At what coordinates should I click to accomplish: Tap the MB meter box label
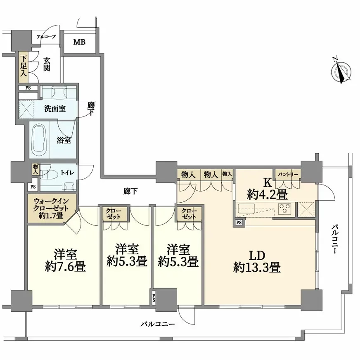pyautogui.click(x=79, y=42)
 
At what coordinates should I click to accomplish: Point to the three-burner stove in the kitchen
pyautogui.click(x=284, y=208)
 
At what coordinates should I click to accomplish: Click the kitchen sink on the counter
pyautogui.click(x=246, y=208)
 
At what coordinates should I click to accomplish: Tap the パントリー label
pyautogui.click(x=288, y=175)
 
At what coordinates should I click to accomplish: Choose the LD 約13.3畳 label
pyautogui.click(x=257, y=261)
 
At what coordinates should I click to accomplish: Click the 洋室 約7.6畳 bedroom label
pyautogui.click(x=65, y=260)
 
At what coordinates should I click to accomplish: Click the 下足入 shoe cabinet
pyautogui.click(x=24, y=67)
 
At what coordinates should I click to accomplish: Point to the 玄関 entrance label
pyautogui.click(x=47, y=64)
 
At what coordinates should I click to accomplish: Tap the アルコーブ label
pyautogui.click(x=46, y=36)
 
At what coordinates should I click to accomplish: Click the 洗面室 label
pyautogui.click(x=54, y=109)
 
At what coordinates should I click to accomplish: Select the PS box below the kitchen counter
pyautogui.click(x=239, y=223)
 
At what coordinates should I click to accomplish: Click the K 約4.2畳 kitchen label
pyautogui.click(x=268, y=189)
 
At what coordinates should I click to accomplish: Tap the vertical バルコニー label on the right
pyautogui.click(x=334, y=239)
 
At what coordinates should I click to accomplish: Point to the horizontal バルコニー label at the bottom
pyautogui.click(x=158, y=324)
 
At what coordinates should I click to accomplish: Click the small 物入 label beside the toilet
pyautogui.click(x=36, y=169)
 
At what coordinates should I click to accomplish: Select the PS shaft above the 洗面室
pyautogui.click(x=28, y=88)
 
